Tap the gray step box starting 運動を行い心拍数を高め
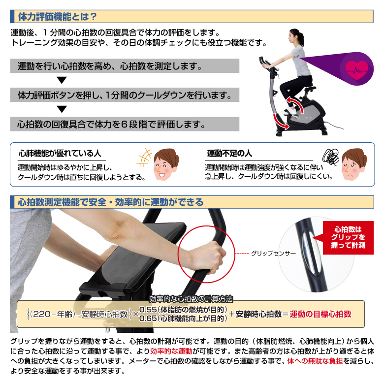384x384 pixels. pyautogui.click(x=125, y=65)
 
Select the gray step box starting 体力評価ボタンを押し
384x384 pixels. pyautogui.click(x=125, y=95)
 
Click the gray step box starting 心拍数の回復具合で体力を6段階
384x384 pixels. pyautogui.click(x=125, y=124)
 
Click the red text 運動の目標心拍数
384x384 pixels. pyautogui.click(x=320, y=314)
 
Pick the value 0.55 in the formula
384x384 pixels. pyautogui.click(x=148, y=309)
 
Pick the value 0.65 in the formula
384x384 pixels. pyautogui.click(x=148, y=318)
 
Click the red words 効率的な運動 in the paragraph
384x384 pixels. pyautogui.click(x=172, y=352)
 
